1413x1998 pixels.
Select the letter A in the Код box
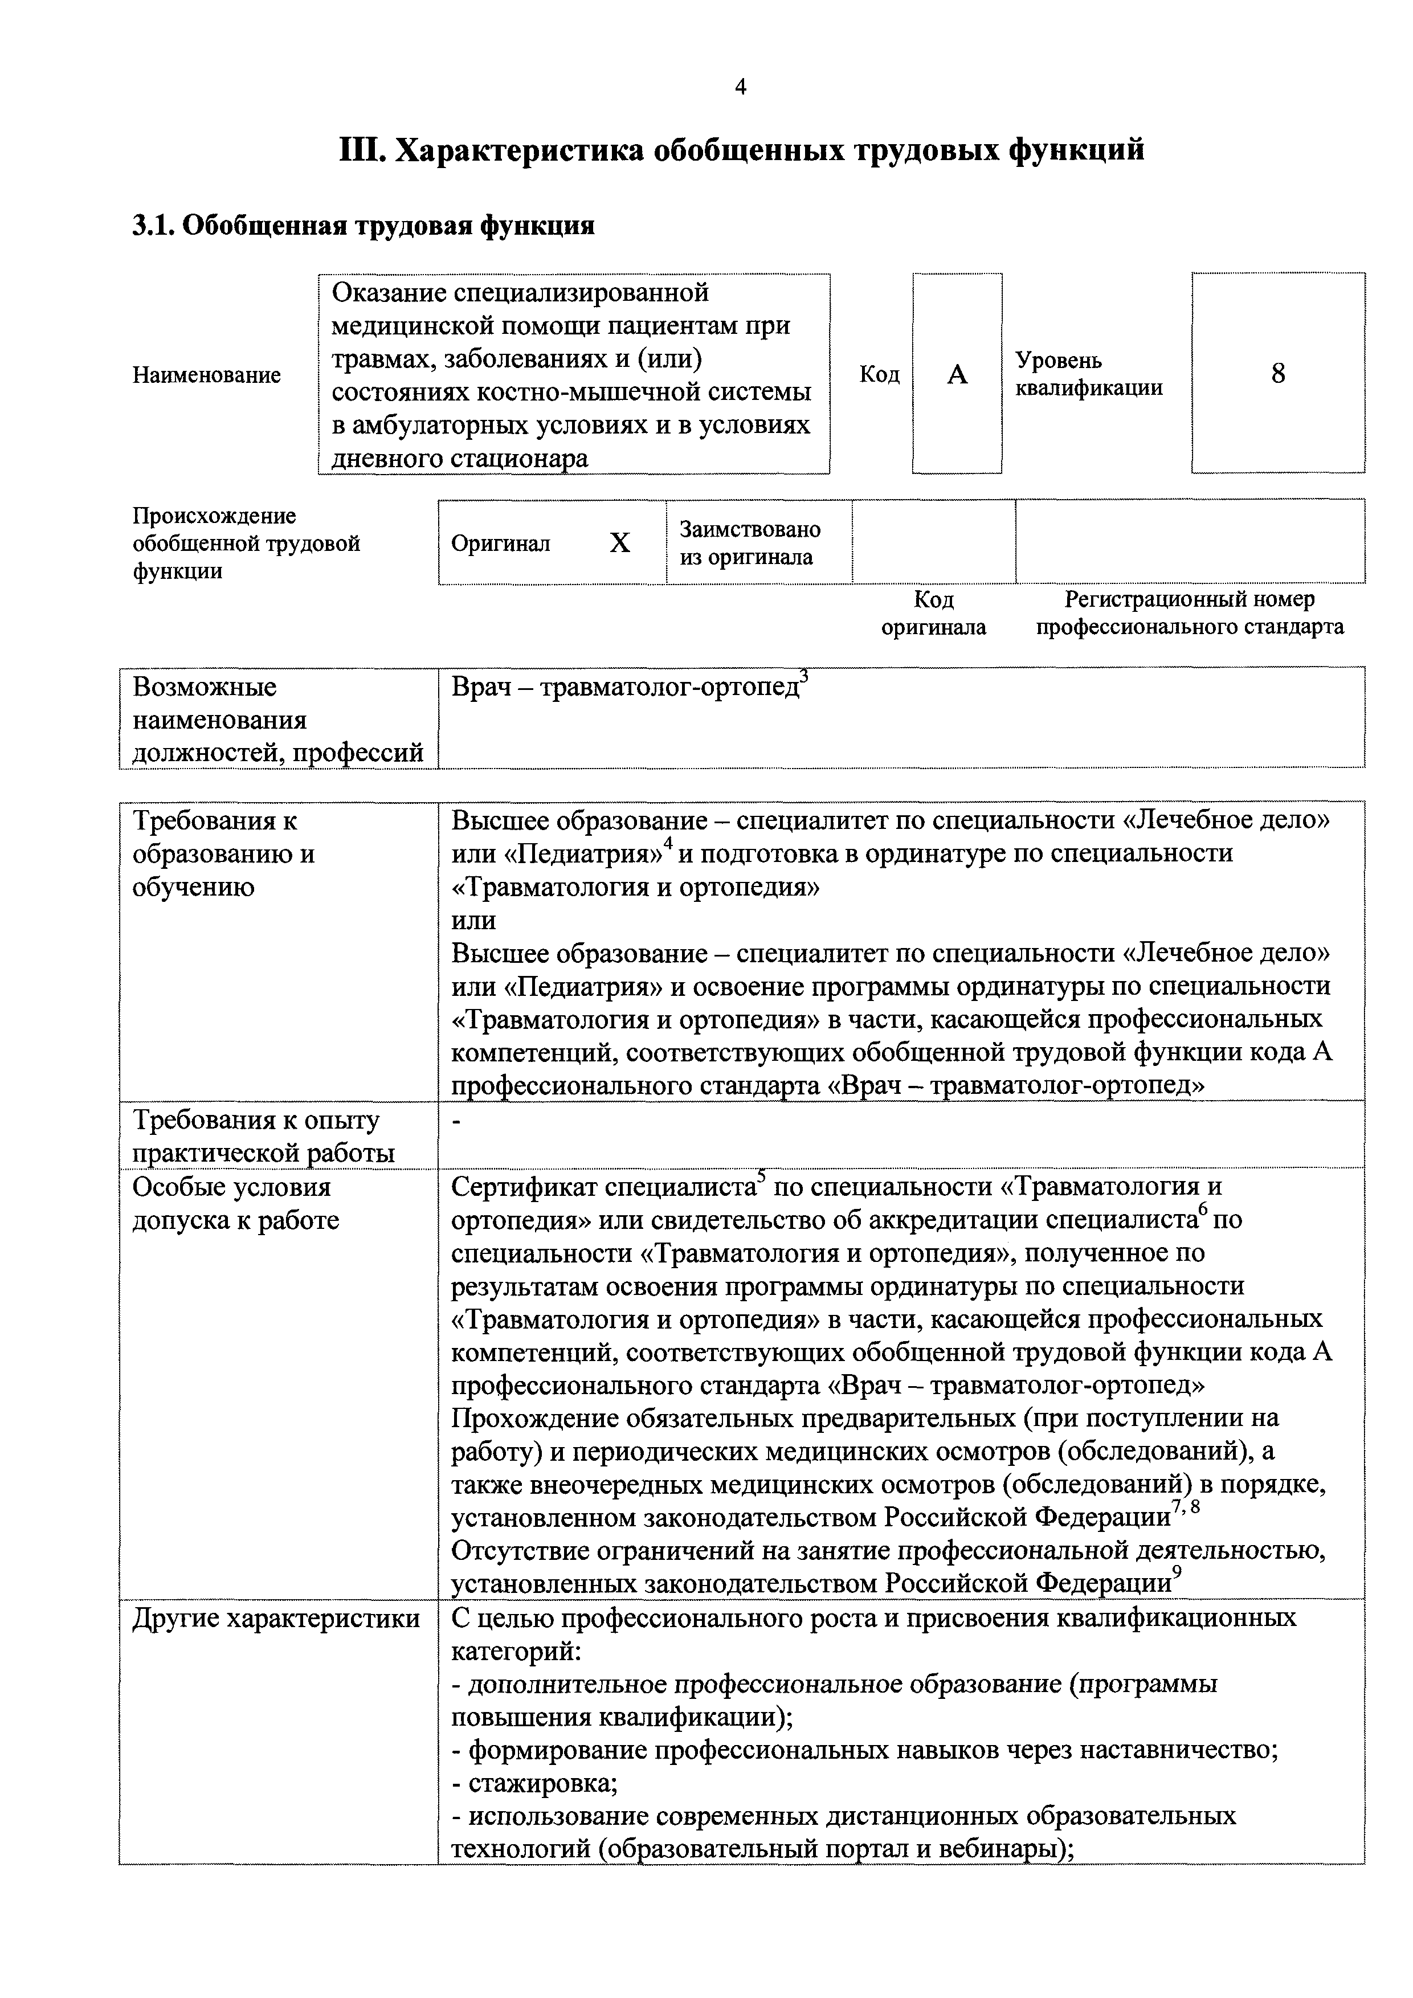(957, 374)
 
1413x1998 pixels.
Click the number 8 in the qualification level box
(1277, 373)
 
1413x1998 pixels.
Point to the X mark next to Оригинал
(619, 543)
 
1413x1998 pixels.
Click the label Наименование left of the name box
(207, 375)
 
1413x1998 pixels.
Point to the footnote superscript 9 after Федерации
(1177, 1570)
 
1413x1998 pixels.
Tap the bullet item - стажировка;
(535, 1783)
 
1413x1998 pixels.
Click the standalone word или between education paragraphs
(474, 920)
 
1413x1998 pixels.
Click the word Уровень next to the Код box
(1058, 360)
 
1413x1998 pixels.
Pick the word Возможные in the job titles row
(205, 688)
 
